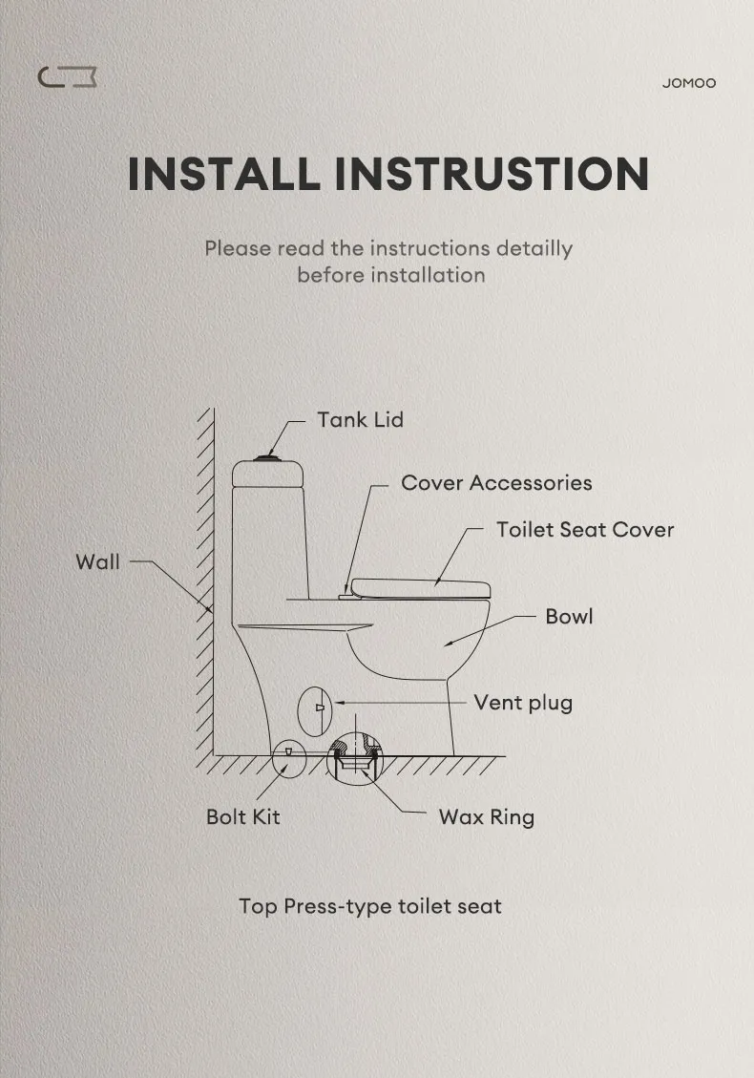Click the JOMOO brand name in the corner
688,83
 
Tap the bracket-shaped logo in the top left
67,77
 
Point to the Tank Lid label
360,420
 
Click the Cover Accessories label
495,483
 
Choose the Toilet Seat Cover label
584,530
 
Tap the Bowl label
569,617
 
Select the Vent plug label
523,704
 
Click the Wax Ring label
486,817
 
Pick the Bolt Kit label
242,817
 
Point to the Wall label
97,562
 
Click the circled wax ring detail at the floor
355,759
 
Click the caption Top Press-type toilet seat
369,906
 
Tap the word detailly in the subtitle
534,248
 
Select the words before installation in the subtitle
390,276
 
